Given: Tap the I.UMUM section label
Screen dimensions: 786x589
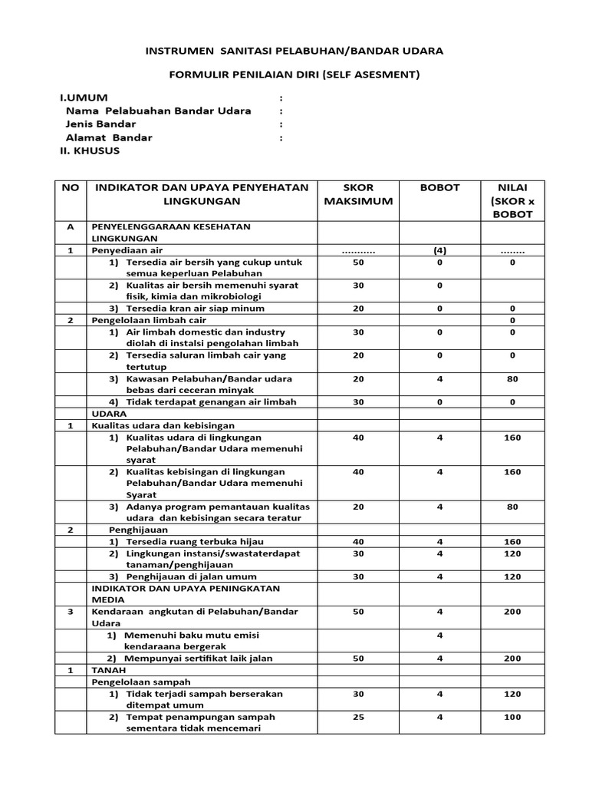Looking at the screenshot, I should (x=84, y=97).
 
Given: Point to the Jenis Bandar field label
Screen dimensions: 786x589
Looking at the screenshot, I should (x=100, y=124).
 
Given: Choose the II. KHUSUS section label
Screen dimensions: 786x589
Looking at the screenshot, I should (x=90, y=150).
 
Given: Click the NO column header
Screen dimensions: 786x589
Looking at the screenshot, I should (x=70, y=187).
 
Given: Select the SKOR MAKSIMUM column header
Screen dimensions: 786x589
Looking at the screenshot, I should (x=357, y=194).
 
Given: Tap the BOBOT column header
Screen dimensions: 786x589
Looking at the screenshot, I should (x=439, y=187).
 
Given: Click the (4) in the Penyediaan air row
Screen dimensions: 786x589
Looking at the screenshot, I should (x=439, y=250).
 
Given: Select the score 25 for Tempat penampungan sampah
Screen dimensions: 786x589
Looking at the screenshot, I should (x=357, y=717).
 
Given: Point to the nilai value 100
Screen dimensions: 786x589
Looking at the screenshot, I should (x=512, y=717).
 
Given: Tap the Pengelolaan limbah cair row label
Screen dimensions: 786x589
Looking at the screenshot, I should (x=140, y=320).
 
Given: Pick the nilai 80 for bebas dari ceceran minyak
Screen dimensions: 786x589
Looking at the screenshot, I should (x=512, y=378).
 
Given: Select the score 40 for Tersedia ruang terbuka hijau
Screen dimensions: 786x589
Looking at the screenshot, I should (x=357, y=542).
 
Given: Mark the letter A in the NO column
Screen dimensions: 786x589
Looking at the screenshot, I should (x=71, y=227).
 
